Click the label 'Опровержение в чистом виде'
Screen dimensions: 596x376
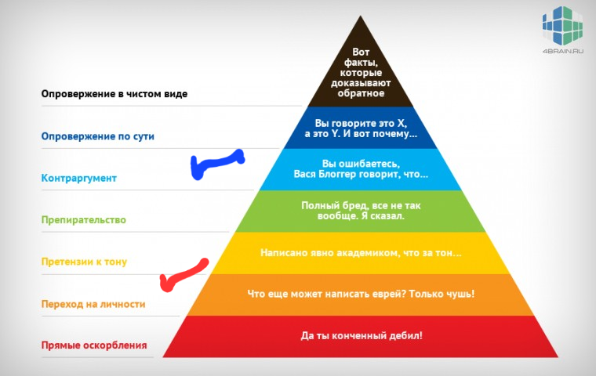point(114,94)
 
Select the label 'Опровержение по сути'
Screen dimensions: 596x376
point(98,136)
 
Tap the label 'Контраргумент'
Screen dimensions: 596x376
point(79,178)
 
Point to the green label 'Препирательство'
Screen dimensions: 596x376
point(84,220)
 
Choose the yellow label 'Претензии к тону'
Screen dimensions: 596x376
point(84,262)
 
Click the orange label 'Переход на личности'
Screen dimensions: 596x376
point(93,304)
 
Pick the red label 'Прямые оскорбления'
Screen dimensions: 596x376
point(94,345)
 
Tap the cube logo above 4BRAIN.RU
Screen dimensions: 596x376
point(562,26)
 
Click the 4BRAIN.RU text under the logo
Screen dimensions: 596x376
point(563,51)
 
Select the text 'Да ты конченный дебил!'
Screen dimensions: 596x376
point(362,336)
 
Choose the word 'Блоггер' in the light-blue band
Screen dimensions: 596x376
point(340,175)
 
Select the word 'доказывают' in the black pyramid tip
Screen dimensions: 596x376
point(361,83)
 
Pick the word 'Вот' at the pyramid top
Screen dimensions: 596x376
point(361,52)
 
